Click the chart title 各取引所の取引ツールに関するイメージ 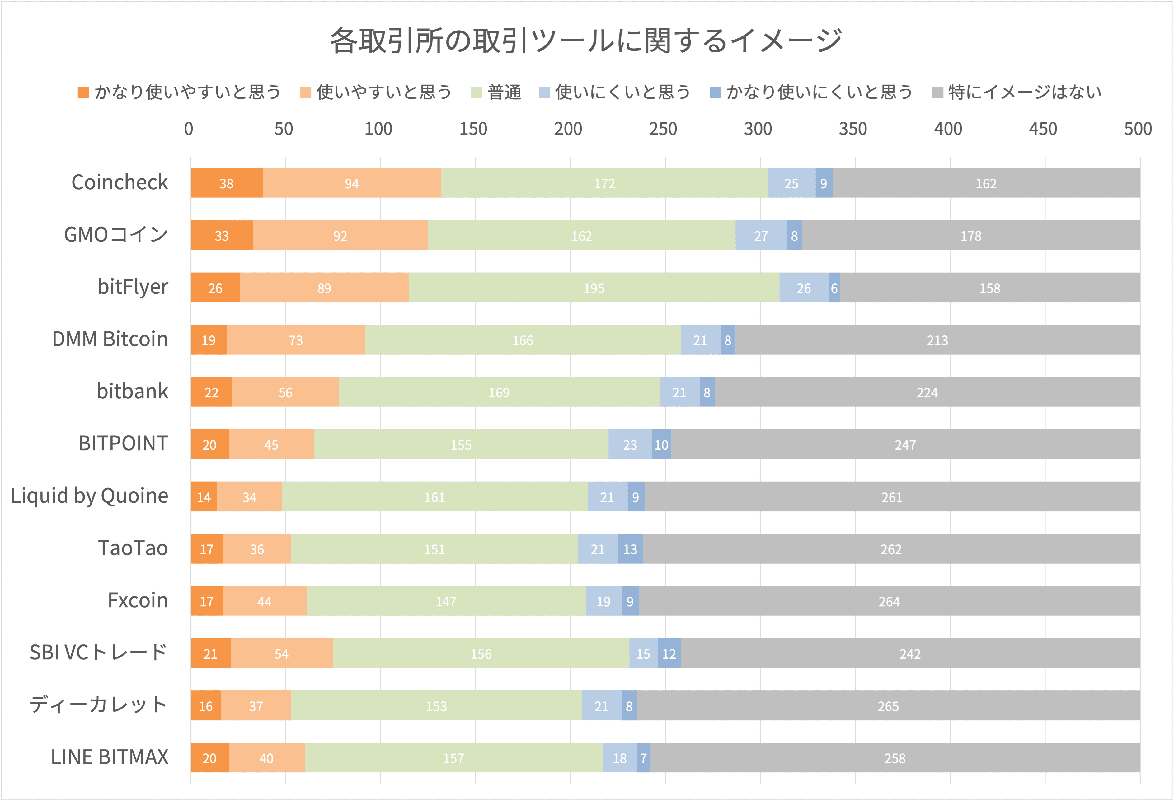(x=586, y=40)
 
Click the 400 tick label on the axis (x=948, y=129)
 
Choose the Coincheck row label (x=120, y=183)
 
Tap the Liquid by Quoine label (x=89, y=496)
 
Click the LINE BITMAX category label (x=110, y=757)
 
